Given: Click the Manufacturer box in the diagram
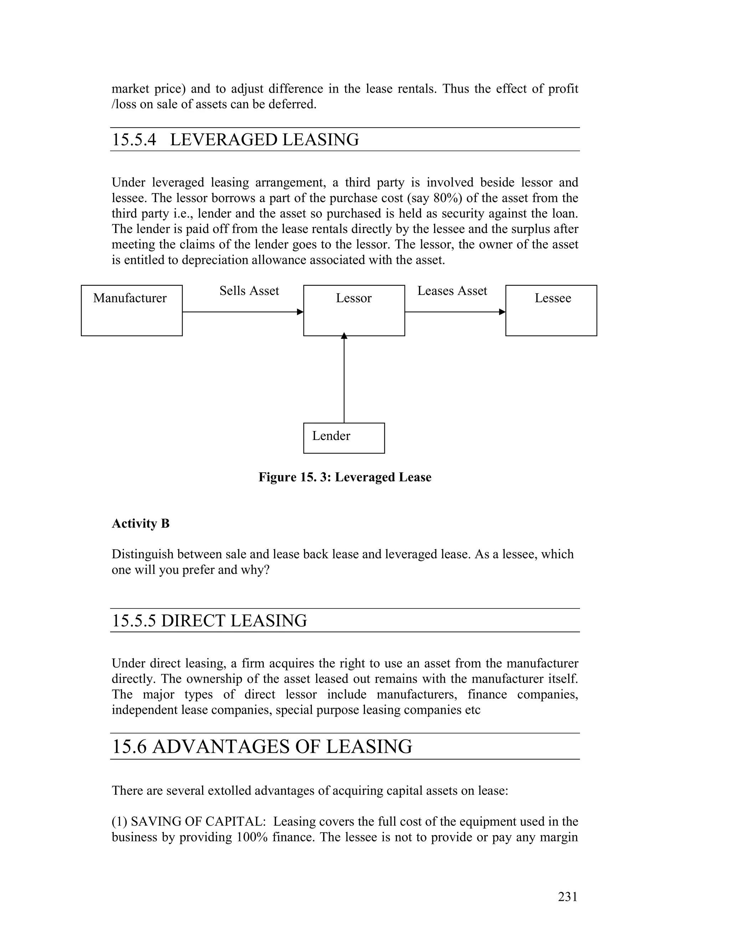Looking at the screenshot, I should point(132,310).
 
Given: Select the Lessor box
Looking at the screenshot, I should point(354,310).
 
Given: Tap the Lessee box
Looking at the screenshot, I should point(551,310).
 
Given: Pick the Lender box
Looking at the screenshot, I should point(344,438).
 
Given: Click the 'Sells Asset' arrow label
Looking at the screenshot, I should point(249,291).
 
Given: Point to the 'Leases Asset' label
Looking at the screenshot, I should point(452,291).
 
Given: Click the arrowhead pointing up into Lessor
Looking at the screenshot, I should point(344,336).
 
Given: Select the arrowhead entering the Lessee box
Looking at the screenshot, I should point(502,312).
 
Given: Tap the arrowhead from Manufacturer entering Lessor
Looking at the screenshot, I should point(300,312).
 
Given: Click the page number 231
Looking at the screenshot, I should point(567,897).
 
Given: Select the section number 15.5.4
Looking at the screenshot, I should point(134,140).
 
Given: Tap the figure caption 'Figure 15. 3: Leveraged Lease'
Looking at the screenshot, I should point(345,477).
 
